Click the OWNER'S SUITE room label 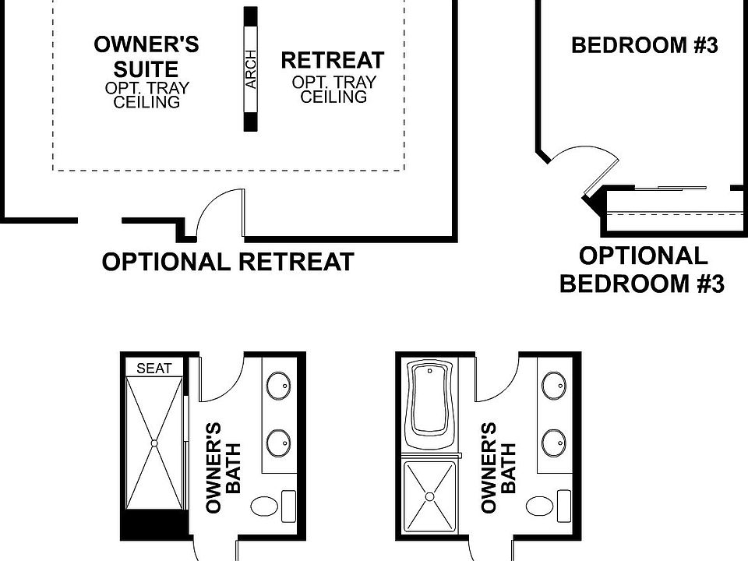146,56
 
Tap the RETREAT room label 332,61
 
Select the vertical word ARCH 251,70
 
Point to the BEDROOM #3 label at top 644,45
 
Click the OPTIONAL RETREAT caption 228,263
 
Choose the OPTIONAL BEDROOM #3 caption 642,270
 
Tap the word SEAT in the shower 154,369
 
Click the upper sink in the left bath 278,385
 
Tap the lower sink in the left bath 278,443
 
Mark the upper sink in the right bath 553,385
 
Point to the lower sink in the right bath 553,443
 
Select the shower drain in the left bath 154,443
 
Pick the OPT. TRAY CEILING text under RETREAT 333,90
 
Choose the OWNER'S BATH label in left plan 223,467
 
